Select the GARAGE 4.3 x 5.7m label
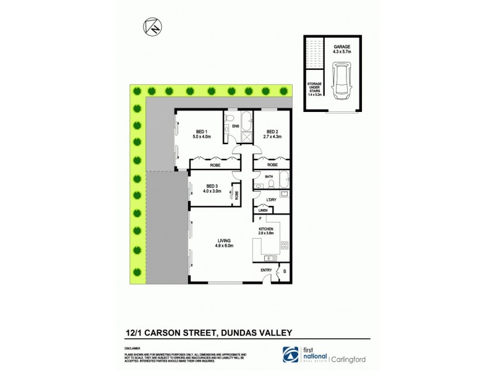342,49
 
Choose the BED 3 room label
212,189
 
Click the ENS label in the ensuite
236,127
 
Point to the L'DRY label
271,199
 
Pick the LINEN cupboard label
263,211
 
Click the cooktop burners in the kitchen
285,245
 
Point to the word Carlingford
351,358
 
